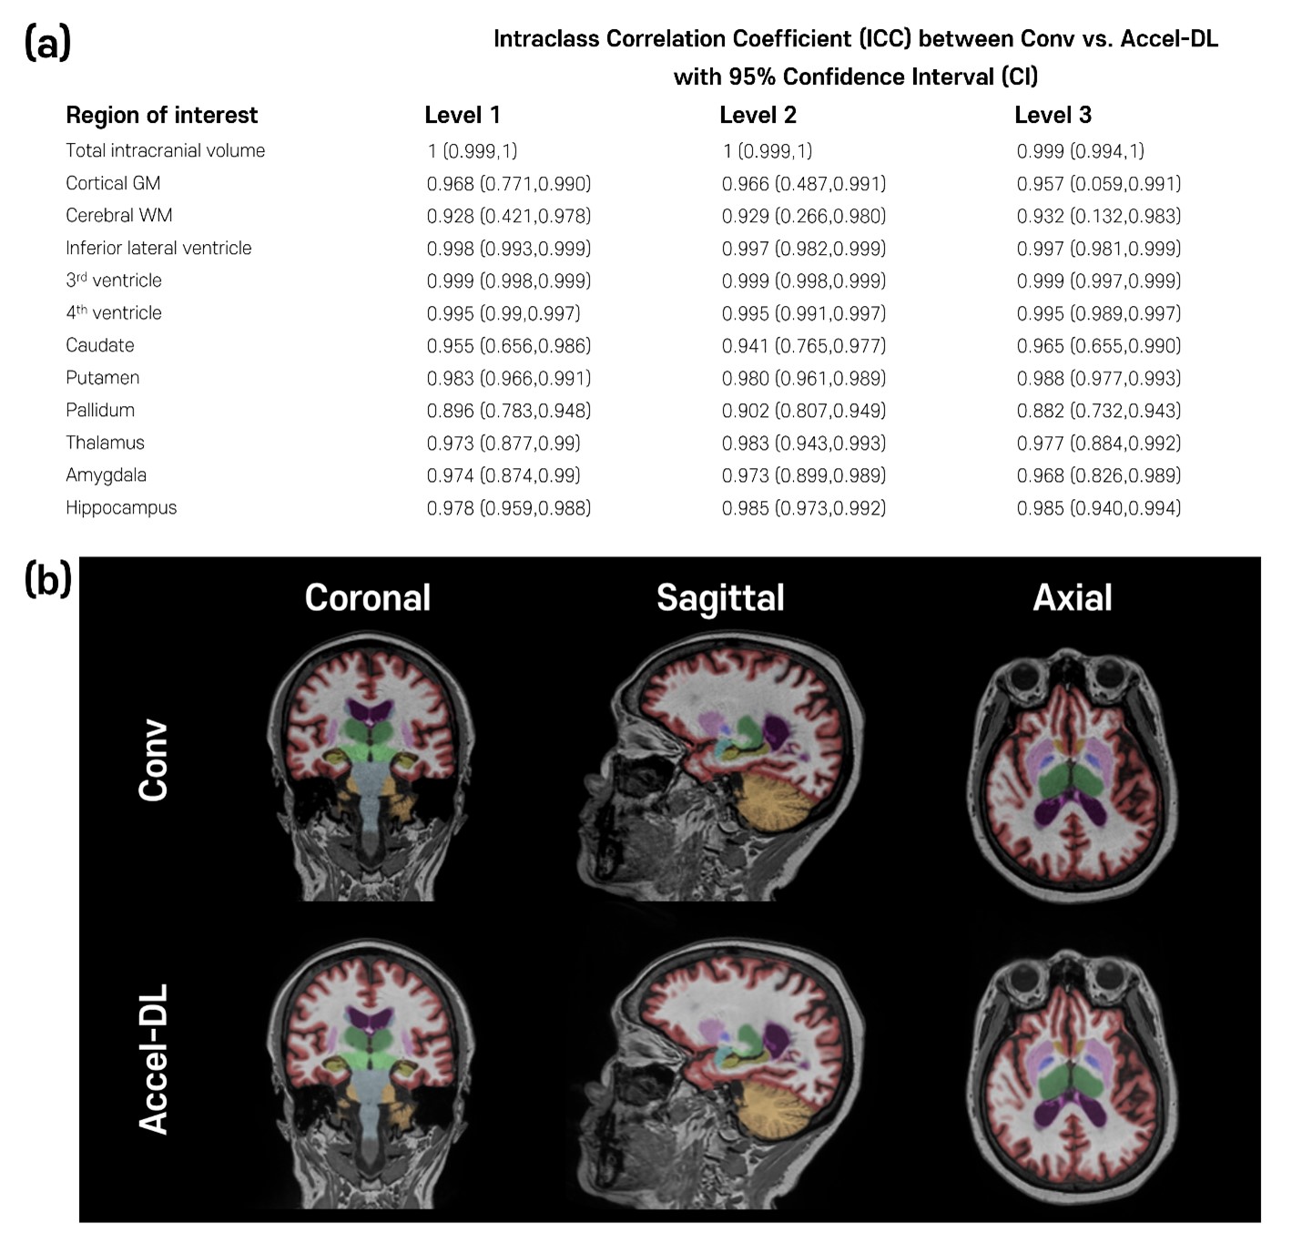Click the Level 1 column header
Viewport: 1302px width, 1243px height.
click(462, 116)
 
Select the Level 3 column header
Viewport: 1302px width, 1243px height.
click(1053, 116)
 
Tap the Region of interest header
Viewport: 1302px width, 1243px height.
click(161, 116)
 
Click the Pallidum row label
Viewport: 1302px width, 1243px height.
click(100, 410)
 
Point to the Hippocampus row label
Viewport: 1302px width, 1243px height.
click(121, 507)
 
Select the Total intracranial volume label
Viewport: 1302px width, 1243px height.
click(165, 150)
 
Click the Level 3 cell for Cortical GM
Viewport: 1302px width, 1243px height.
click(1098, 183)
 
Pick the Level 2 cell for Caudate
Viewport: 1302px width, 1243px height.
click(803, 345)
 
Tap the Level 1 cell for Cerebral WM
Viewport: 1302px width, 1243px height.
click(508, 216)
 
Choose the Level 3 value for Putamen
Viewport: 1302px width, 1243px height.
click(1098, 378)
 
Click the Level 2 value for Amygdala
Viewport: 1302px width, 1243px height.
click(803, 475)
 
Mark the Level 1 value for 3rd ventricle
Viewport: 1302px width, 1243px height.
click(508, 280)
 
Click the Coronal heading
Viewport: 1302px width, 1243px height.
click(367, 597)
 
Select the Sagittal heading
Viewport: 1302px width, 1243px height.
click(720, 597)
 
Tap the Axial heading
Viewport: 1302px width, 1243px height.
click(1072, 597)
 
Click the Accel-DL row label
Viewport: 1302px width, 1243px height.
click(154, 1058)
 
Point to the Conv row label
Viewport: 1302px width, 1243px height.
click(154, 761)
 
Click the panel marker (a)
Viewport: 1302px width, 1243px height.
click(47, 43)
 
